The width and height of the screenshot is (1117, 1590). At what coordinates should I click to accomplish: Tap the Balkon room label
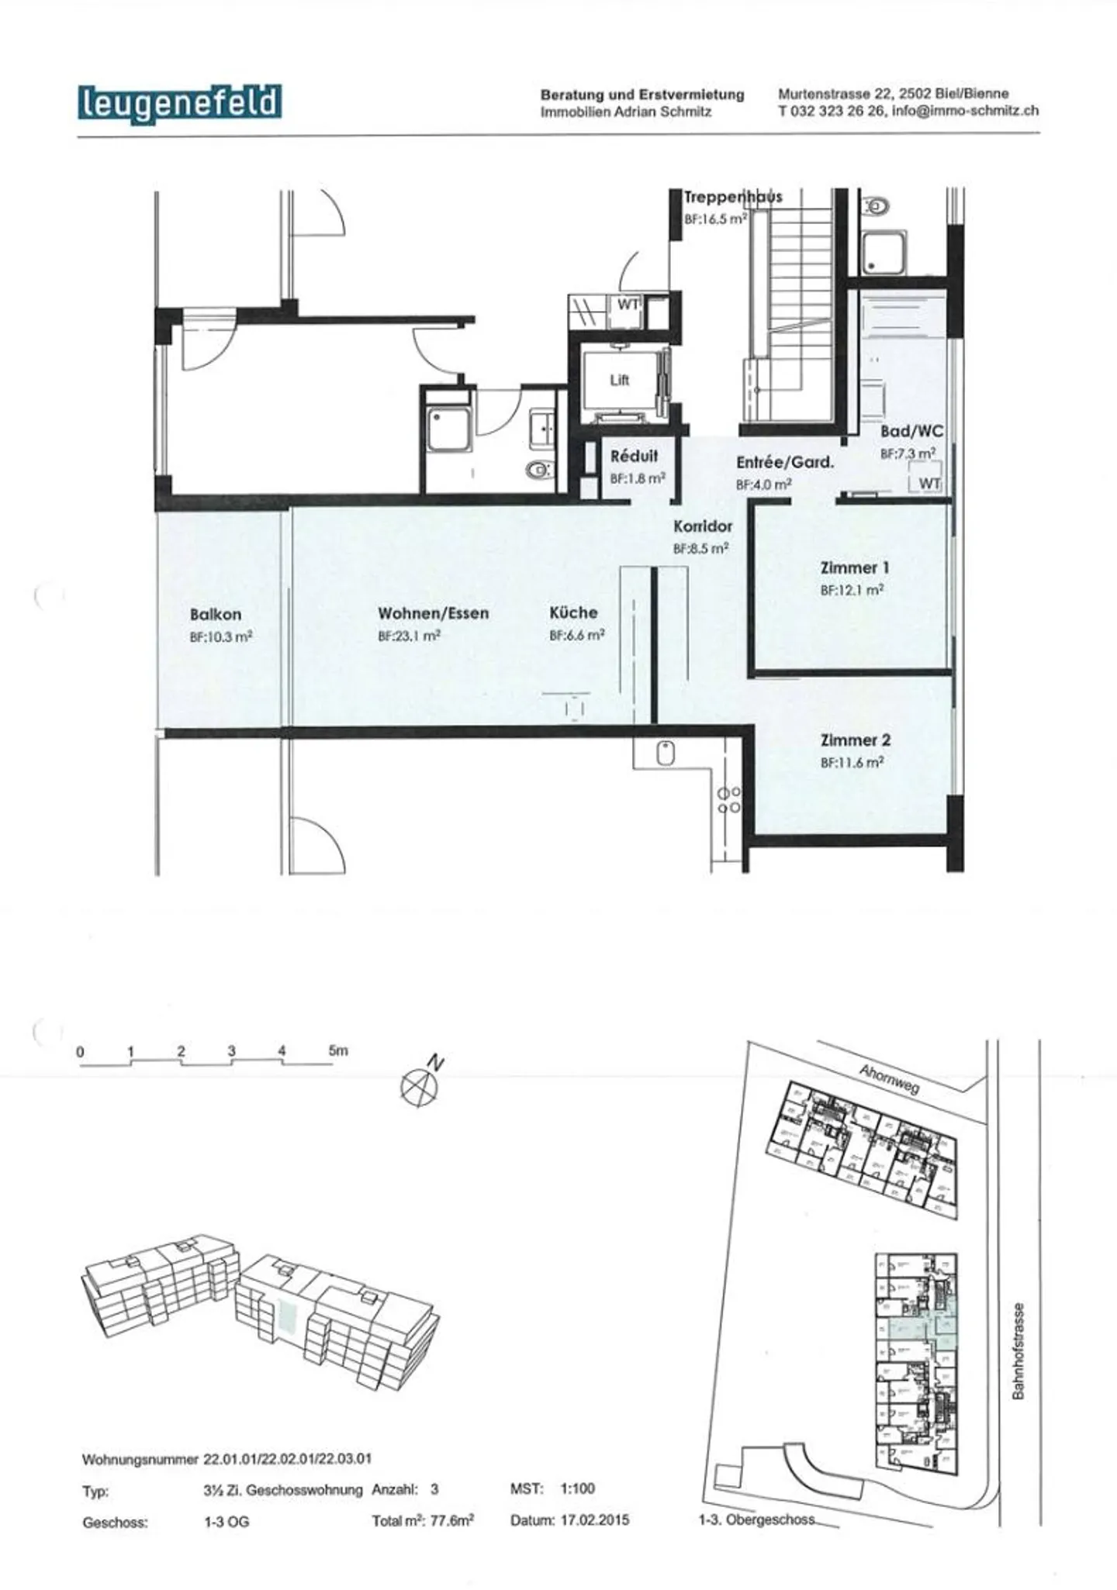[x=216, y=615]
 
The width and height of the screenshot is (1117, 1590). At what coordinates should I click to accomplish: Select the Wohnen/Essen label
[x=434, y=613]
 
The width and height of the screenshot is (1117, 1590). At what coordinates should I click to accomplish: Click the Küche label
[x=573, y=612]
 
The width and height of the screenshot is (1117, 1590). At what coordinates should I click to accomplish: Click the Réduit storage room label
[x=634, y=457]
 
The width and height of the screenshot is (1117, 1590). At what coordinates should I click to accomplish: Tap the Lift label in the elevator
[x=619, y=380]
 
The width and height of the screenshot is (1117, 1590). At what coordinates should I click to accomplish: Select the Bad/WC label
[x=911, y=432]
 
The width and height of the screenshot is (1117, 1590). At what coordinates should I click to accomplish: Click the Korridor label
[x=702, y=526]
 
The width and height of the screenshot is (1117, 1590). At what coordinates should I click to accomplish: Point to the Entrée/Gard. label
[x=785, y=463]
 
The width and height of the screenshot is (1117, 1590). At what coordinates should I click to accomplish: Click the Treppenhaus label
[x=732, y=197]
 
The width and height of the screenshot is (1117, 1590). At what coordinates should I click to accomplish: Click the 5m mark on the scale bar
[x=338, y=1051]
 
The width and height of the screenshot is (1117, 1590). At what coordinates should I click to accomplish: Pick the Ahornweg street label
[x=889, y=1080]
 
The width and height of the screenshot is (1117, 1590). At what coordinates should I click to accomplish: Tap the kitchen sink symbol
[x=665, y=754]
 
